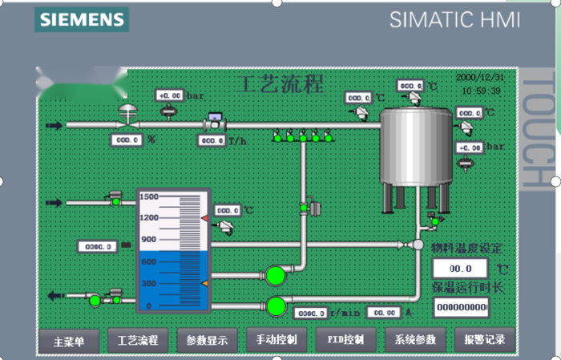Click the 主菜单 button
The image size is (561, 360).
(69, 340)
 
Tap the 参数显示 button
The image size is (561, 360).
(207, 340)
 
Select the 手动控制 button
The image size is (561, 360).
(276, 340)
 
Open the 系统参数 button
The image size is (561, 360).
(414, 340)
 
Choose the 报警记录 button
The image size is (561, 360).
(484, 340)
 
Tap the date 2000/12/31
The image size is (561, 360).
(480, 78)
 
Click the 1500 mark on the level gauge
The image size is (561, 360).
(149, 196)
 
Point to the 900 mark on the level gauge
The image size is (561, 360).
(149, 240)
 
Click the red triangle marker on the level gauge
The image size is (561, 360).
(205, 218)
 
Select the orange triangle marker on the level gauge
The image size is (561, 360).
(204, 284)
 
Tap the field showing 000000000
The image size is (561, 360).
(461, 307)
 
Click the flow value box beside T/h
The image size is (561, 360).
(212, 140)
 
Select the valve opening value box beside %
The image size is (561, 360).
(127, 140)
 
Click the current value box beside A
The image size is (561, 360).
(382, 313)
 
